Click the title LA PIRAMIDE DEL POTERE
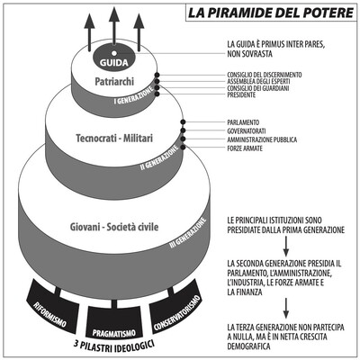[x=271, y=13]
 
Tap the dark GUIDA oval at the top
[x=114, y=58]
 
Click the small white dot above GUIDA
[x=114, y=53]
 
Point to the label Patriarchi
[x=114, y=82]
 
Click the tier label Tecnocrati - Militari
[x=114, y=139]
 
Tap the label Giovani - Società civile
[x=114, y=227]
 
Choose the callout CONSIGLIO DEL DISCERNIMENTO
[x=265, y=75]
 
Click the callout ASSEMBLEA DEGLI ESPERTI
[x=258, y=81]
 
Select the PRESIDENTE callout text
[x=241, y=94]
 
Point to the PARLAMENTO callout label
[x=243, y=122]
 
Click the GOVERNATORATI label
[x=247, y=131]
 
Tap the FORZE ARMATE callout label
[x=245, y=148]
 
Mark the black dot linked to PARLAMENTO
[x=183, y=121]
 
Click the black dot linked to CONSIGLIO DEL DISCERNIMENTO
[x=157, y=75]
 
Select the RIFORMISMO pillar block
[x=51, y=308]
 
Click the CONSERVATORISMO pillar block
[x=176, y=308]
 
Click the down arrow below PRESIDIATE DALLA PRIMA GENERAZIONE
[x=286, y=246]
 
